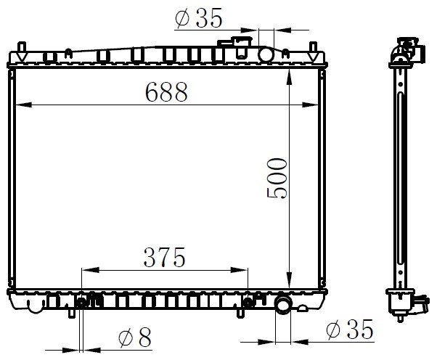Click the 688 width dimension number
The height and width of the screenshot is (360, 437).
[x=166, y=91]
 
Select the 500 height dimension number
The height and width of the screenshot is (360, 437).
[x=277, y=179]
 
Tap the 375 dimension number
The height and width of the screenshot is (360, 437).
[x=165, y=257]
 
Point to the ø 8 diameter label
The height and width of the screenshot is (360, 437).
[x=135, y=337]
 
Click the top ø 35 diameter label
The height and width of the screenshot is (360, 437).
[x=199, y=18]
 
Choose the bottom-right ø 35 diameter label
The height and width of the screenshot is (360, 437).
[x=350, y=329]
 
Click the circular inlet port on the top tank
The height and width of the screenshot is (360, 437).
[x=266, y=54]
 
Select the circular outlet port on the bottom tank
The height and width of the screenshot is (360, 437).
[x=283, y=305]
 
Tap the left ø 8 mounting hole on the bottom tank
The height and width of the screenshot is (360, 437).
[x=81, y=303]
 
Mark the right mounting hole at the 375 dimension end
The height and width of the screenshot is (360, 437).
[x=248, y=302]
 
